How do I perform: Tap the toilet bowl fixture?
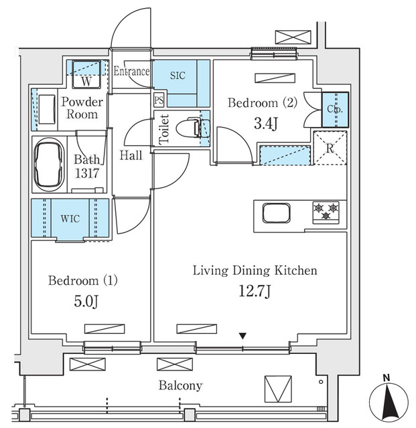pyautogui.click(x=192, y=128)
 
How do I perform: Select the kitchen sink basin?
pyautogui.click(x=276, y=213)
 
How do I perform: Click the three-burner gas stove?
pyautogui.click(x=326, y=212)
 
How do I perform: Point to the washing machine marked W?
pyautogui.click(x=86, y=74)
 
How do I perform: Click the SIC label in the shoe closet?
pyautogui.click(x=178, y=76)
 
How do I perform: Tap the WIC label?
pyautogui.click(x=70, y=219)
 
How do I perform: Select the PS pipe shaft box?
pyautogui.click(x=159, y=100)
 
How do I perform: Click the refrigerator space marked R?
pyautogui.click(x=330, y=148)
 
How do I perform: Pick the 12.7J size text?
pyautogui.click(x=255, y=291)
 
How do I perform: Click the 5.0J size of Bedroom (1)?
pyautogui.click(x=86, y=302)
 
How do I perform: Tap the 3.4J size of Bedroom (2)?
pyautogui.click(x=265, y=124)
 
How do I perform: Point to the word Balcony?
pyautogui.click(x=180, y=386)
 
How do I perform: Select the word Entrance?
pyautogui.click(x=131, y=72)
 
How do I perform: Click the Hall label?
pyautogui.click(x=131, y=155)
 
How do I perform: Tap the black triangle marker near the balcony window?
pyautogui.click(x=242, y=336)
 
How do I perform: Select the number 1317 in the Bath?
pyautogui.click(x=86, y=173)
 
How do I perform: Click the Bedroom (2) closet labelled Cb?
pyautogui.click(x=336, y=110)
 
